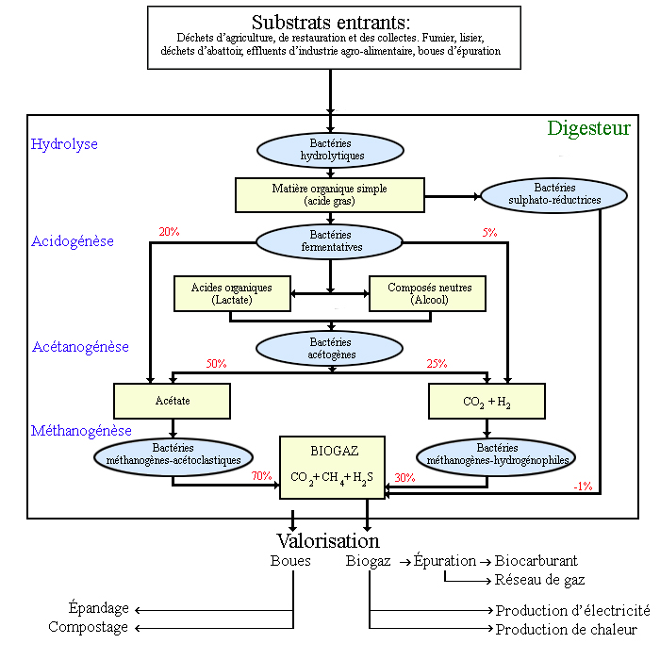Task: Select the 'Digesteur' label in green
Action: [x=588, y=128]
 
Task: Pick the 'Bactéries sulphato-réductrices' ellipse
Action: [x=540, y=194]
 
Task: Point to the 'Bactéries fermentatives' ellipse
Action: [x=330, y=240]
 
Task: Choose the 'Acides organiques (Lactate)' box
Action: [x=231, y=293]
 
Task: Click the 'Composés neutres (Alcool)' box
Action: [x=429, y=293]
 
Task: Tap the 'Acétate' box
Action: [x=173, y=400]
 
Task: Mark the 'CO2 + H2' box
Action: [x=487, y=401]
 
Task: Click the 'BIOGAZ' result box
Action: [x=332, y=466]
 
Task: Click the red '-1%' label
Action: [x=583, y=486]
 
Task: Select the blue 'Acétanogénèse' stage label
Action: [x=80, y=347]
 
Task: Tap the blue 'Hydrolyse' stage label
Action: [x=64, y=144]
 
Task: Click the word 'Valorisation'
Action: [x=328, y=540]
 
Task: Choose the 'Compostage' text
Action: [x=89, y=627]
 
